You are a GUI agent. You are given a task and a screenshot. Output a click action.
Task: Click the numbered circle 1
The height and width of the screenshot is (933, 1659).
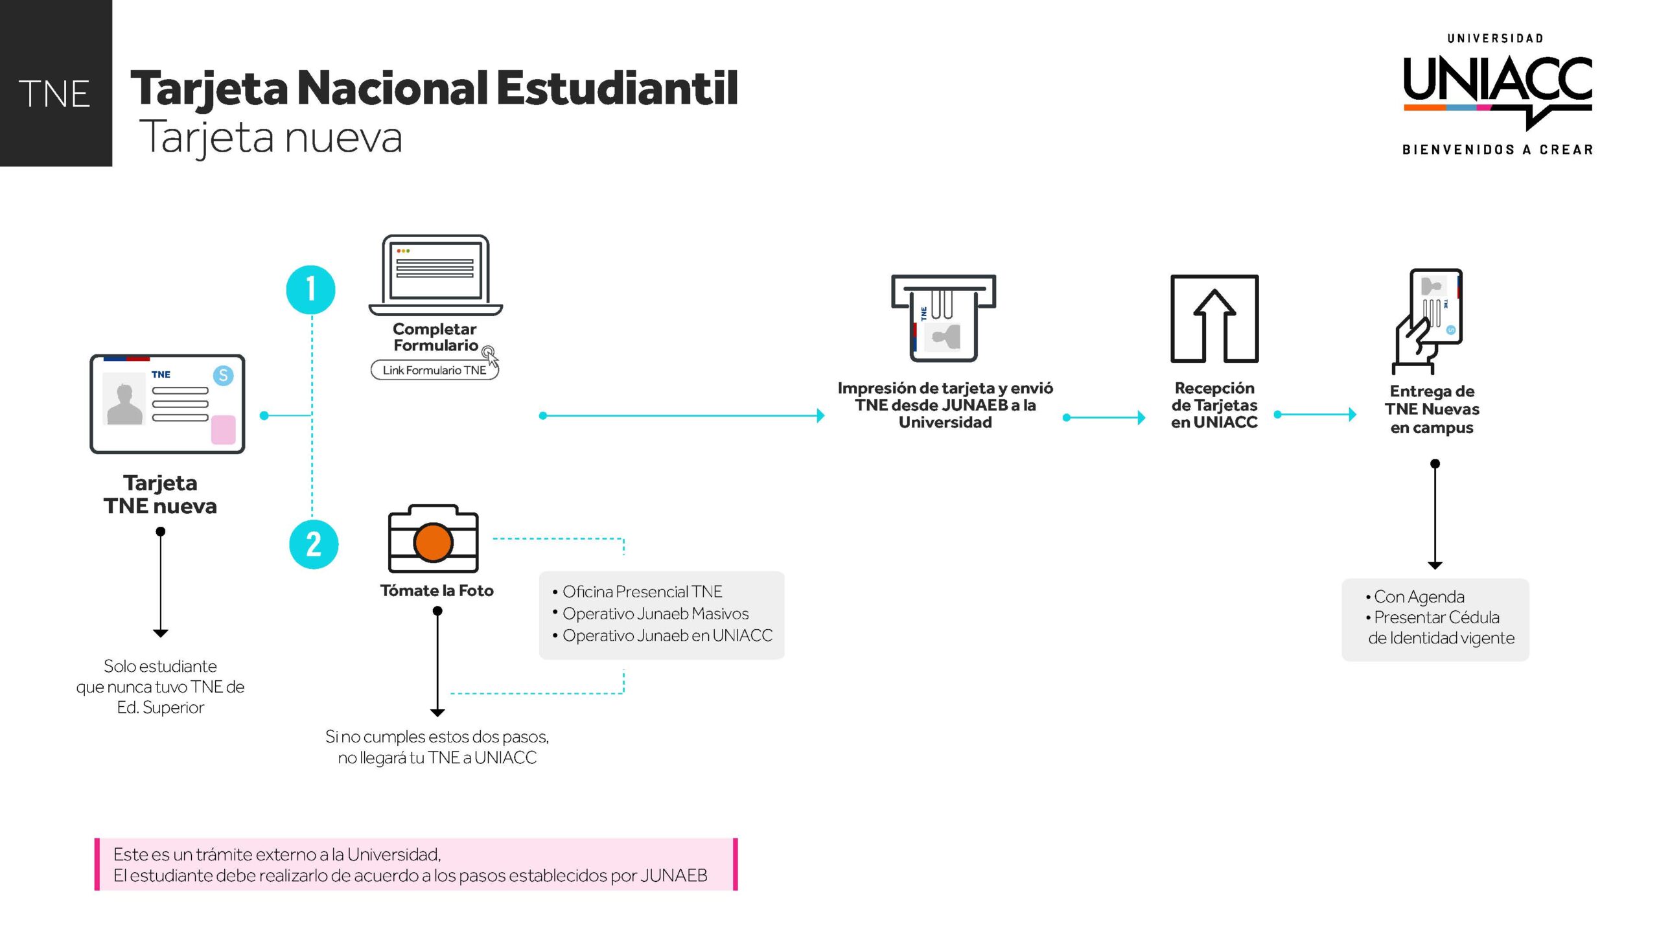[310, 290]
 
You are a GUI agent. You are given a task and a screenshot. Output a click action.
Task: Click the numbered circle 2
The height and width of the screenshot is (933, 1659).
[314, 544]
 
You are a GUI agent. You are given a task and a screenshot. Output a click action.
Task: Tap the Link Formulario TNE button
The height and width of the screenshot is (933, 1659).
[434, 370]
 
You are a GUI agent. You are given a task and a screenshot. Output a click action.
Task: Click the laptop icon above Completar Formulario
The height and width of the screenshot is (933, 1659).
[435, 275]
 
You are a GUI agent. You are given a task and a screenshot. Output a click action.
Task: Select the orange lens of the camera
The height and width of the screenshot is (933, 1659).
[433, 542]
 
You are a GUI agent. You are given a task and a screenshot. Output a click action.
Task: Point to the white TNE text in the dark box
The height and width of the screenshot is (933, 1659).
[54, 94]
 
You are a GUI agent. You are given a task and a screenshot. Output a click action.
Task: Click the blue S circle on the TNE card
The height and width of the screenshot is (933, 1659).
[223, 375]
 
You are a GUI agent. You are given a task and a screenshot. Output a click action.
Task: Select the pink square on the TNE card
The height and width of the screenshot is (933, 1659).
[224, 430]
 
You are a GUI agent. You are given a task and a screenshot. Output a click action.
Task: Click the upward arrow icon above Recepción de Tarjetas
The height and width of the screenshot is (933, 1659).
[1214, 319]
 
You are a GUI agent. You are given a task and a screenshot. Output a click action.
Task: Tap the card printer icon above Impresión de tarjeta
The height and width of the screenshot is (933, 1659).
[944, 317]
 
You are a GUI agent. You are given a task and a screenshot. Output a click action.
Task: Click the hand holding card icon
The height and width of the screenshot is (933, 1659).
[1428, 321]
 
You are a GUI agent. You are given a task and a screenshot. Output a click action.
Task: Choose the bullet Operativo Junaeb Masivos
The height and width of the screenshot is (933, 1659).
[651, 614]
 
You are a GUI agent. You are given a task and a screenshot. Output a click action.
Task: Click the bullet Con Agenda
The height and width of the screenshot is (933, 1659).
[1415, 597]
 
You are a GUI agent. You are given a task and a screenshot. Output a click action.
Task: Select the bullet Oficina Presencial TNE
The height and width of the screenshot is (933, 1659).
[637, 592]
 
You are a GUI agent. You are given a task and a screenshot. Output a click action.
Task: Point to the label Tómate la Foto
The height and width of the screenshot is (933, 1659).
[437, 590]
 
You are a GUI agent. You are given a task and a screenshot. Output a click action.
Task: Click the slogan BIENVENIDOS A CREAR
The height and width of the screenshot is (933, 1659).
[1498, 150]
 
